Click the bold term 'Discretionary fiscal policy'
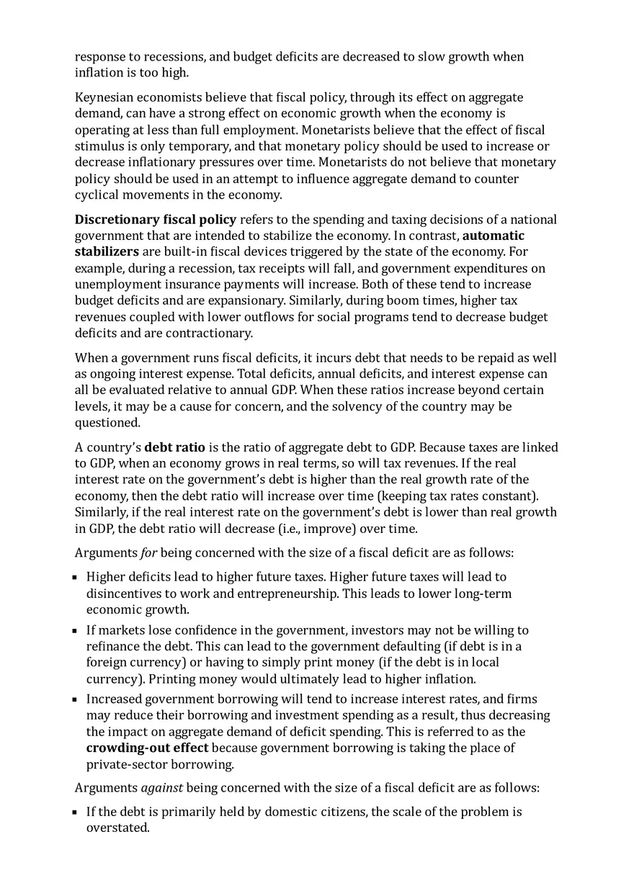pos(155,220)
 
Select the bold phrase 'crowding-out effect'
pos(147,748)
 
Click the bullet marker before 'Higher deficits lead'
pos(75,578)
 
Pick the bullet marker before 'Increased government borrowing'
pos(75,699)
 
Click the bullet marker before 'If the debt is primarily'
pos(75,812)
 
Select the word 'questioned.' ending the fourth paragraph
pos(107,423)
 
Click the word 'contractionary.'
pos(210,333)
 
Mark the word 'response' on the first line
pos(100,57)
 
